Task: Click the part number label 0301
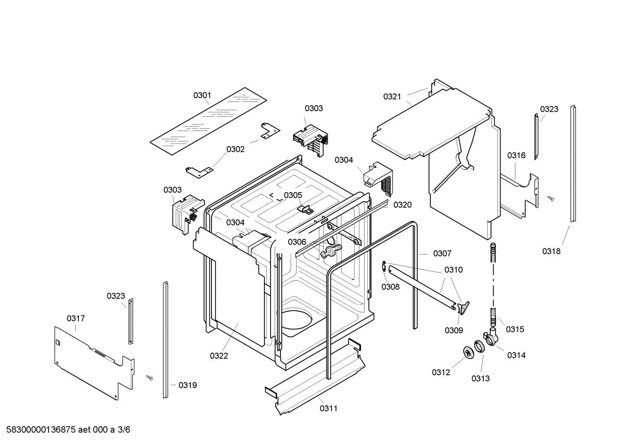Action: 202,95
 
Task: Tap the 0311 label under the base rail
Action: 329,408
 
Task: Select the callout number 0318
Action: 551,251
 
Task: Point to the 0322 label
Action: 219,356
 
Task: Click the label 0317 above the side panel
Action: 76,318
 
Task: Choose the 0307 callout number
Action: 442,253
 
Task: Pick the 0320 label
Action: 403,205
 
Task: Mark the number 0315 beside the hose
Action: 515,329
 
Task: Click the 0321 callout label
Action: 392,96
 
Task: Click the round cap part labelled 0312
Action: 468,353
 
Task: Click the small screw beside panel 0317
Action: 150,378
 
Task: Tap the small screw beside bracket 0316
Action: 551,198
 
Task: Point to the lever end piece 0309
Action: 463,308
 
